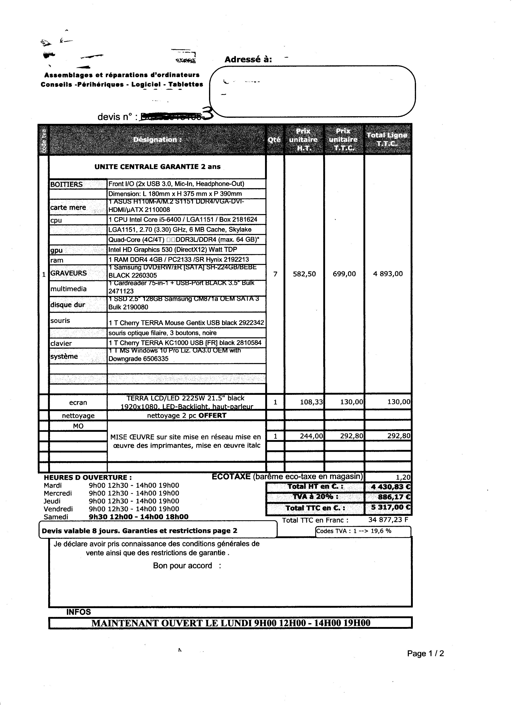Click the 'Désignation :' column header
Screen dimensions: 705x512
coord(157,140)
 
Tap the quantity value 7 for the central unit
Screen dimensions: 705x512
coord(275,274)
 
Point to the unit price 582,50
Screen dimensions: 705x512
coord(304,274)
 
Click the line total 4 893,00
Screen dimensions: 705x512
coord(388,274)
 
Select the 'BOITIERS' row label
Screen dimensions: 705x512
coord(66,184)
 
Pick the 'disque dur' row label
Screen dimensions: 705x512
coord(68,305)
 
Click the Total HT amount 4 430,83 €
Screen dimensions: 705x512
coord(391,487)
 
